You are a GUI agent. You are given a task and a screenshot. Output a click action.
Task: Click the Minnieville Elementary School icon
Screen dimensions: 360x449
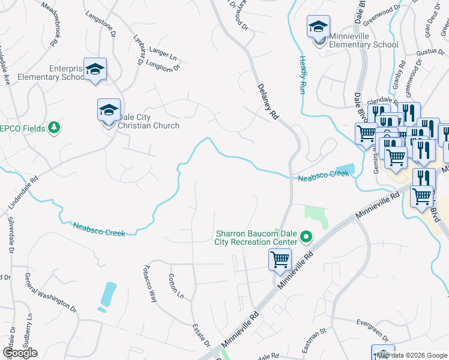318,27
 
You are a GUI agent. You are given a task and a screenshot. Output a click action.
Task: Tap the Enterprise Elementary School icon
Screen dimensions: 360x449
95,69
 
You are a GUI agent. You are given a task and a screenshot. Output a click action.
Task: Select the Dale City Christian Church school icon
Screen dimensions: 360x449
109,110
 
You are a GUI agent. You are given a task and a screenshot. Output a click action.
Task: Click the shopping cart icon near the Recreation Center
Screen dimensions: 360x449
280,260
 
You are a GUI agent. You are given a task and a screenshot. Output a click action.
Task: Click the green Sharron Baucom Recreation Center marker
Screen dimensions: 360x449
307,238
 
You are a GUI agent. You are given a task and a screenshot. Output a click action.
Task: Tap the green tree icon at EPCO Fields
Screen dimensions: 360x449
54,127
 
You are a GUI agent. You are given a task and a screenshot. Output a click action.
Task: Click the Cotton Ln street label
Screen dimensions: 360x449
175,286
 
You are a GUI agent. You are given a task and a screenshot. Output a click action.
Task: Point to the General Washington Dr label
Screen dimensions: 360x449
51,292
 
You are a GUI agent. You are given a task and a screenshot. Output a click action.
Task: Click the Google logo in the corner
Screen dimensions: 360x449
20,353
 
